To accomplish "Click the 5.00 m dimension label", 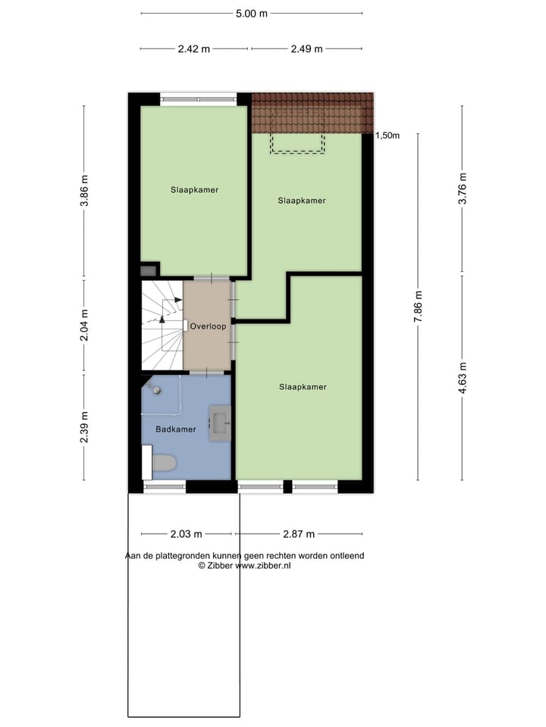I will (252, 14).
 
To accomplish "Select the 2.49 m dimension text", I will (306, 49).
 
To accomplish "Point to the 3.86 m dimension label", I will (84, 191).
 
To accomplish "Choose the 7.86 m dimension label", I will (417, 307).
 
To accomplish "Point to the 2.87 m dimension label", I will (298, 535).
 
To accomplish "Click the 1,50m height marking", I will (388, 136).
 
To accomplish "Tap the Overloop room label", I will (207, 326).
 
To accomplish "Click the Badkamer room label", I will (176, 429).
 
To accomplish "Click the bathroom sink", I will (220, 422).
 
